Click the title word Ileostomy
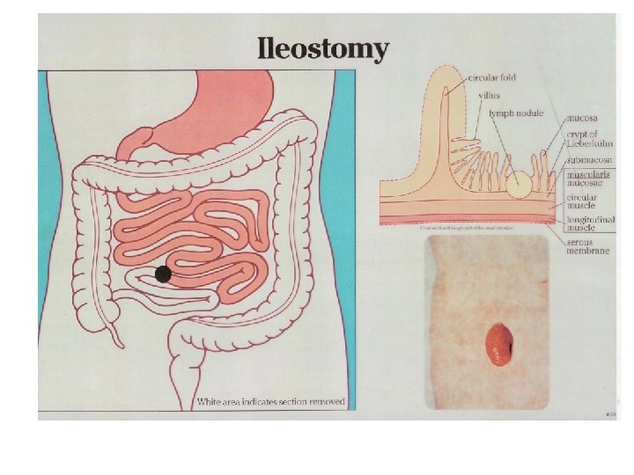tap(322, 48)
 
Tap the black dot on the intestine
tap(163, 274)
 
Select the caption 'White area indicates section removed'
tap(271, 402)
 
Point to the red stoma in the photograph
tap(500, 344)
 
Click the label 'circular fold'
tap(493, 77)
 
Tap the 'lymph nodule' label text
tap(517, 113)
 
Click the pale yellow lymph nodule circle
tap(518, 185)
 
